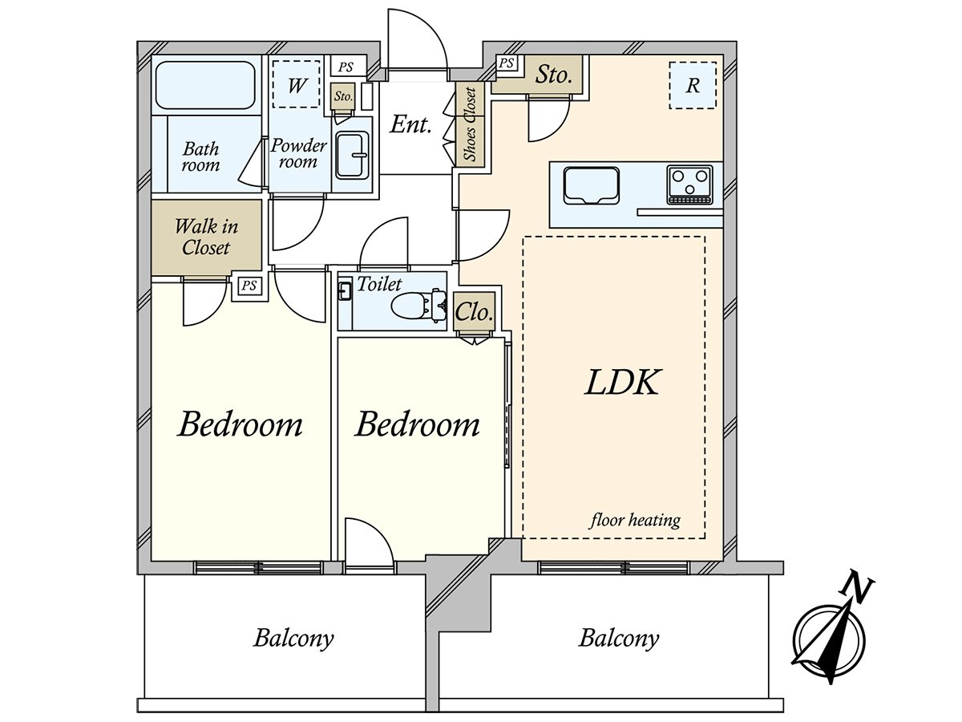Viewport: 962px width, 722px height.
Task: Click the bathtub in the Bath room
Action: point(205,85)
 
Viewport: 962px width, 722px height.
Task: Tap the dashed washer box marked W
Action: point(296,83)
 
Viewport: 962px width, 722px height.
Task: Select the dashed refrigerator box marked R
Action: point(693,86)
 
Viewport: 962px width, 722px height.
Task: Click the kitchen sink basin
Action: point(592,185)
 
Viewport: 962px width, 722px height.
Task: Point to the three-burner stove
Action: point(690,185)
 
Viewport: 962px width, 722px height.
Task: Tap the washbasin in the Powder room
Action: point(351,155)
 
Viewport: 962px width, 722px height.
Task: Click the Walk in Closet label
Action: point(206,237)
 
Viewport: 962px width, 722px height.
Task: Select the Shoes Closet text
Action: point(471,125)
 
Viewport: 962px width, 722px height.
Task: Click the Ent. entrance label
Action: point(410,124)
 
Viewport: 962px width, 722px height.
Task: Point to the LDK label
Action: point(623,383)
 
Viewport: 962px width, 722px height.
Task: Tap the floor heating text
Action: point(635,521)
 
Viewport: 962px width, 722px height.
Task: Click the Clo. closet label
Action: point(474,312)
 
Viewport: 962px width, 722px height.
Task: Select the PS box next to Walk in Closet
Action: point(249,286)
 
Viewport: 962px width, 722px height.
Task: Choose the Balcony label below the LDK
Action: point(619,639)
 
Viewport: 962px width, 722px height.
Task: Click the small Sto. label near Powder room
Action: point(343,96)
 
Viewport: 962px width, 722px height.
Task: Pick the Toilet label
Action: point(379,284)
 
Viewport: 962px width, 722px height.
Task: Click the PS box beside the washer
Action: point(346,67)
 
